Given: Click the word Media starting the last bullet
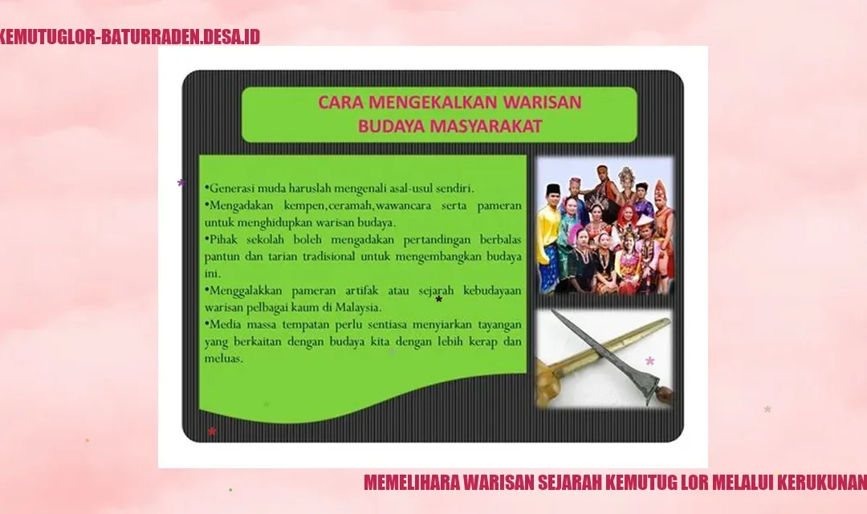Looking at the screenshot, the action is click(x=225, y=324).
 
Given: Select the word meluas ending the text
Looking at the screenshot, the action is click(x=223, y=358).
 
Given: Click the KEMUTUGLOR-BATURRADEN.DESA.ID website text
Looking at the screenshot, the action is click(x=129, y=36).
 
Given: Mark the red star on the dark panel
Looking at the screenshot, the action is click(x=212, y=431).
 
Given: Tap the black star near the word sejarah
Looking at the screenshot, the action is click(x=439, y=300).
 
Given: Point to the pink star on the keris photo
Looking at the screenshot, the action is click(x=650, y=361).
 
